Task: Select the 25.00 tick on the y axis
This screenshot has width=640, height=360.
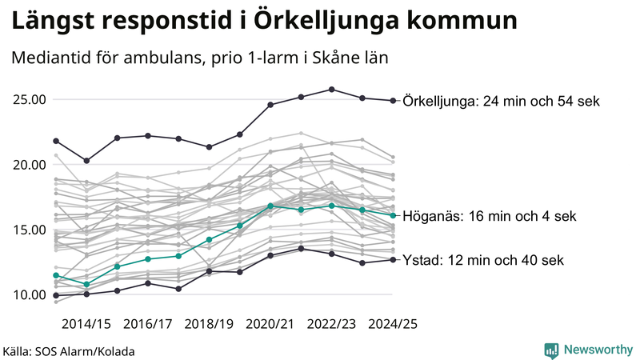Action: tap(29, 100)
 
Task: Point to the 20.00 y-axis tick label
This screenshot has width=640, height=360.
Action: tap(29, 165)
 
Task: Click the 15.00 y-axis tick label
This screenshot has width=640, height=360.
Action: tap(29, 230)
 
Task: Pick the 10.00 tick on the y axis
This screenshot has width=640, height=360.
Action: tap(29, 294)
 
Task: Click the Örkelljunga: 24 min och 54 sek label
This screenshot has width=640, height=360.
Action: tap(502, 102)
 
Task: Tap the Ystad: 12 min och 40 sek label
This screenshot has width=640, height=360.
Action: tap(484, 260)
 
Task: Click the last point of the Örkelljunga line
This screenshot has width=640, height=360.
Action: tap(393, 101)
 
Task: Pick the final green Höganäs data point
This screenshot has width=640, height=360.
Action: tap(393, 215)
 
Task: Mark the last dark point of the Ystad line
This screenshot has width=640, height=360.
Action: tap(393, 259)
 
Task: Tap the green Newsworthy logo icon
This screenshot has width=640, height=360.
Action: tap(551, 350)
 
